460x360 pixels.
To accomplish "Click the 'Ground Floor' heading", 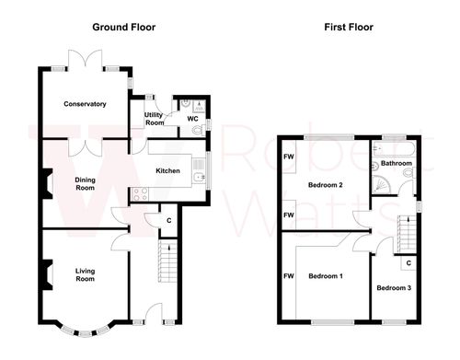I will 122,28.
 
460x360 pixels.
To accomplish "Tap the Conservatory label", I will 84,104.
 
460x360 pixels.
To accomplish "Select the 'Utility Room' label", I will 155,119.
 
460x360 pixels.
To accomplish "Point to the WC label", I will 193,119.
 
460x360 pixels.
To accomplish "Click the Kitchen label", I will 167,171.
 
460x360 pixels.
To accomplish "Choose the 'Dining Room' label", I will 86,183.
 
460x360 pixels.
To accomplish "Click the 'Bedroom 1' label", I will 325,276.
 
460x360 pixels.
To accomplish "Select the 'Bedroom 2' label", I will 325,186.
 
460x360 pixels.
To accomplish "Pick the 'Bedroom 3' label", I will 393,288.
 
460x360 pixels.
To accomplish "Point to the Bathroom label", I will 397,164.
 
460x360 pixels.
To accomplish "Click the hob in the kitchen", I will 141,193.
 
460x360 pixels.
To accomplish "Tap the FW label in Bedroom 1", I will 288,276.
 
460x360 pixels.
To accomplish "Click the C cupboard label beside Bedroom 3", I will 408,264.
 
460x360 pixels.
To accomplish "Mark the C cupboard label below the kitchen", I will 168,221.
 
